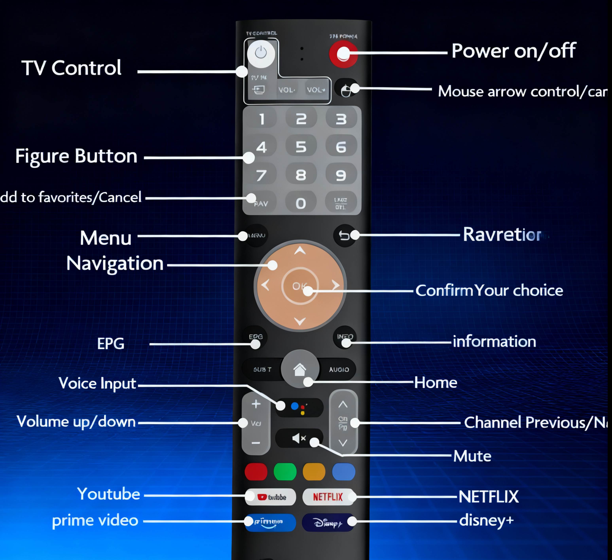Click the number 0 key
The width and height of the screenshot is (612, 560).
[301, 203]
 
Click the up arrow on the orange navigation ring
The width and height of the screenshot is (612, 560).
[300, 251]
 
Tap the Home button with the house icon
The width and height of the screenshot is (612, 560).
[300, 369]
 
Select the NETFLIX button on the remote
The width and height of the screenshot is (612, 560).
[328, 497]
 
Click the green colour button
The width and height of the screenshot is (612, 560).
[285, 472]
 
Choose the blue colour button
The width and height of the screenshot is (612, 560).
[343, 472]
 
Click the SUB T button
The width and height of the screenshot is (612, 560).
[262, 369]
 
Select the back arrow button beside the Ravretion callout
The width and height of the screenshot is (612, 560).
[344, 235]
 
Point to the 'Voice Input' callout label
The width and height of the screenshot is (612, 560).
[97, 383]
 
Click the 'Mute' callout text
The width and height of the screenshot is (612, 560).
[472, 456]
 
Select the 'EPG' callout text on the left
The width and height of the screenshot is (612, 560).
[111, 344]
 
